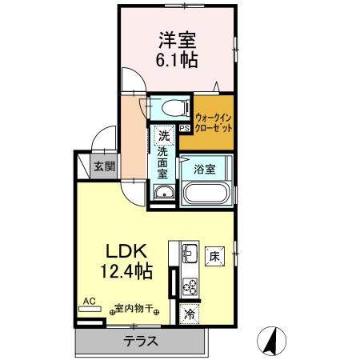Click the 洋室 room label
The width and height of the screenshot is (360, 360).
coord(178,39)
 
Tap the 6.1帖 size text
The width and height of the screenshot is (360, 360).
coord(178,60)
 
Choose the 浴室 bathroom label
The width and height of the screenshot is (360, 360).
coord(205,168)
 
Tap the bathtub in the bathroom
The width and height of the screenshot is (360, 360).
coord(207,194)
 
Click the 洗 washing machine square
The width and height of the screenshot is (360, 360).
coord(163,134)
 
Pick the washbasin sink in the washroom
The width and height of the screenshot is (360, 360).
coord(163,192)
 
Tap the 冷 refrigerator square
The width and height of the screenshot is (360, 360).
coord(190,314)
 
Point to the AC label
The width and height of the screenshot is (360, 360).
coord(89,302)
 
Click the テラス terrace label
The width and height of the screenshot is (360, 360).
coord(140,342)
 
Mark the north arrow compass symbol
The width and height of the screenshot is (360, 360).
coord(272,342)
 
